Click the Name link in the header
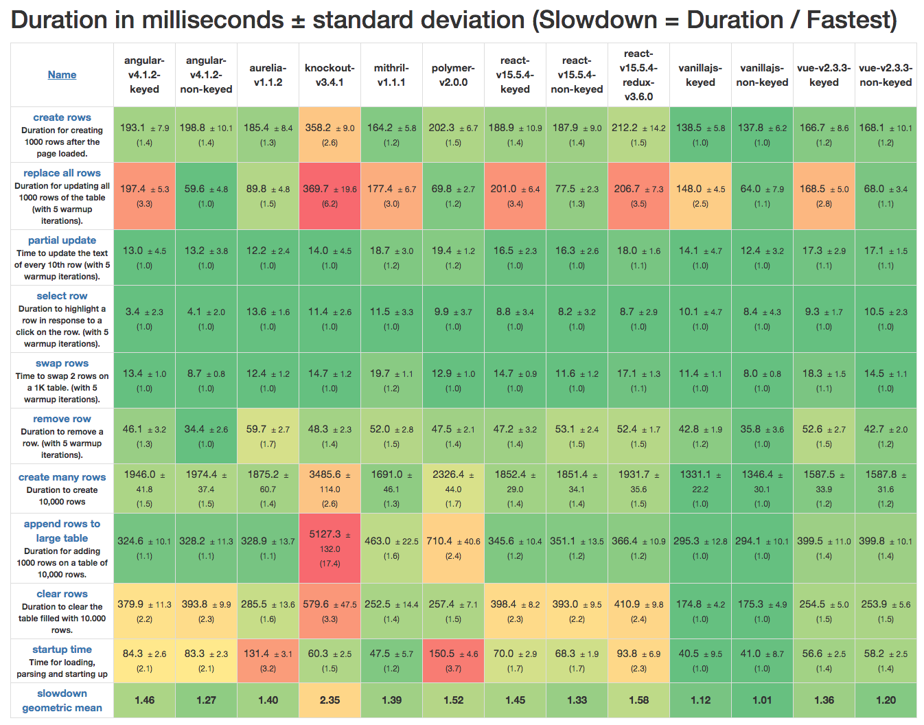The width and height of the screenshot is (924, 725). point(62,75)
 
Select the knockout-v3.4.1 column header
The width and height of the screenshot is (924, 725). point(330,75)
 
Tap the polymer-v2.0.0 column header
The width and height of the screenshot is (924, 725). point(453,75)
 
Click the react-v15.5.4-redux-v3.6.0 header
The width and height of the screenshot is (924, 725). point(638,75)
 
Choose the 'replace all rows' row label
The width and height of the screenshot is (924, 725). point(62,173)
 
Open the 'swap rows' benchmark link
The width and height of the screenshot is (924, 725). point(62,363)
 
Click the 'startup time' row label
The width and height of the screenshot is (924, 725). point(62,649)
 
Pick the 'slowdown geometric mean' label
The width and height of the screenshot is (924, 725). point(62,700)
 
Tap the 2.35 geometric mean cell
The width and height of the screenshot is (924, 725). point(330,700)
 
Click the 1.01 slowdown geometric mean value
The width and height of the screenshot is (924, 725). point(762,700)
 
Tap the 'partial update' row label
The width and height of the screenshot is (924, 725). point(62,240)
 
